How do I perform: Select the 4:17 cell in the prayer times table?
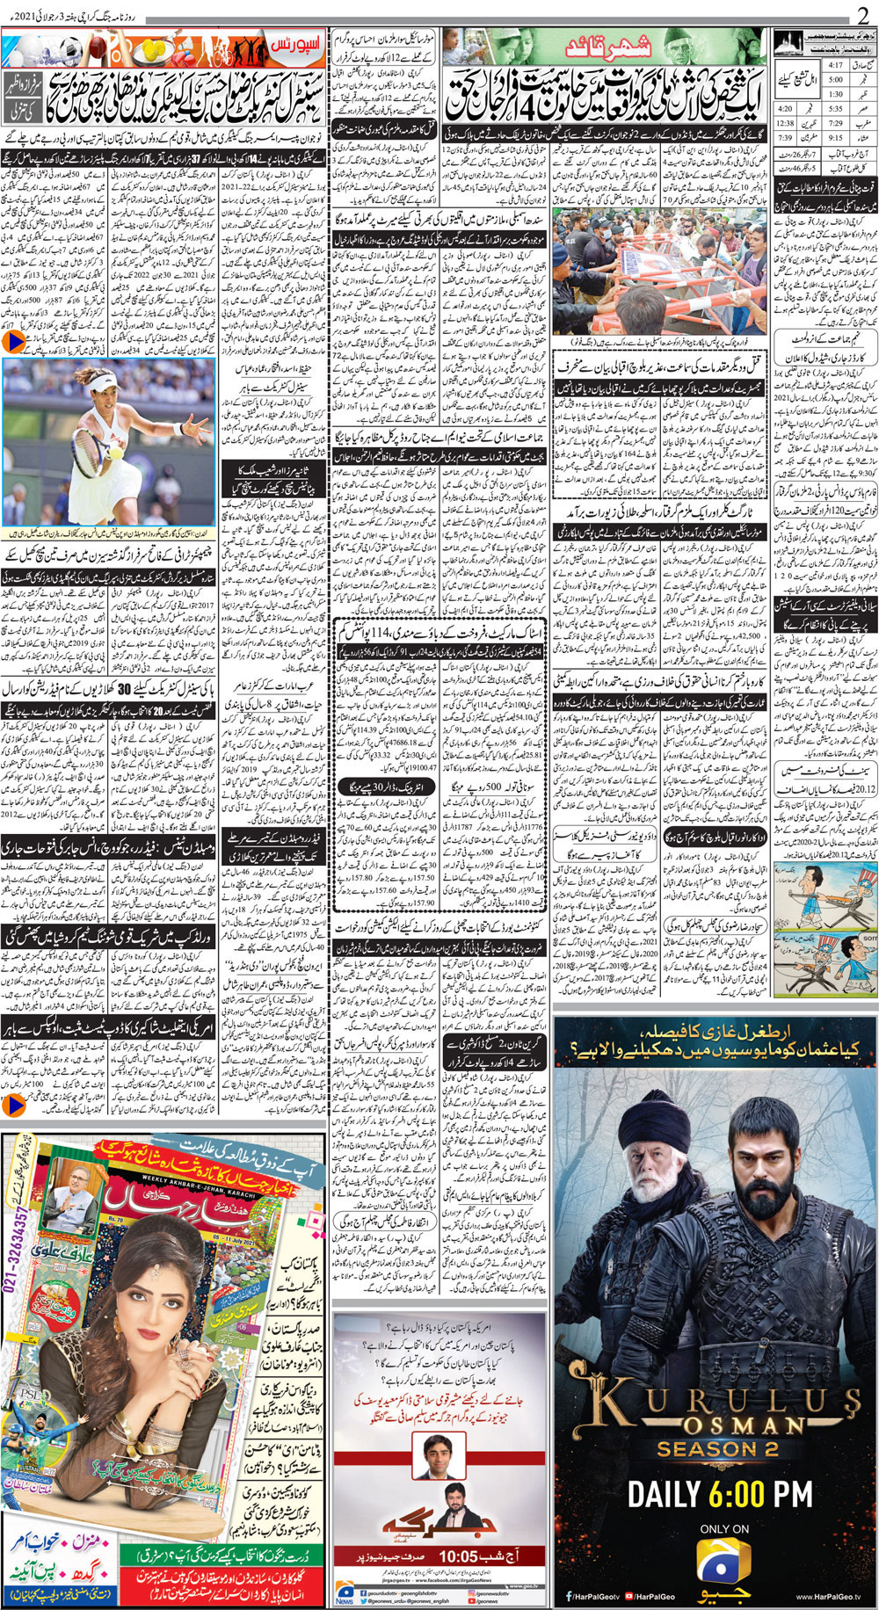[835, 65]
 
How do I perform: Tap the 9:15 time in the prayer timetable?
[835, 136]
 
